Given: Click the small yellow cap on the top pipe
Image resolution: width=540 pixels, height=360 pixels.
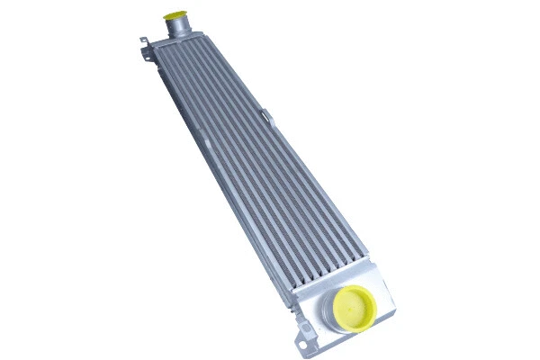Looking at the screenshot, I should tap(173, 15).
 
